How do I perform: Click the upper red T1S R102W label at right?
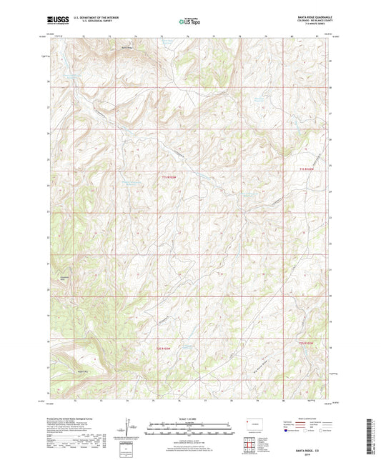click(x=307, y=168)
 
